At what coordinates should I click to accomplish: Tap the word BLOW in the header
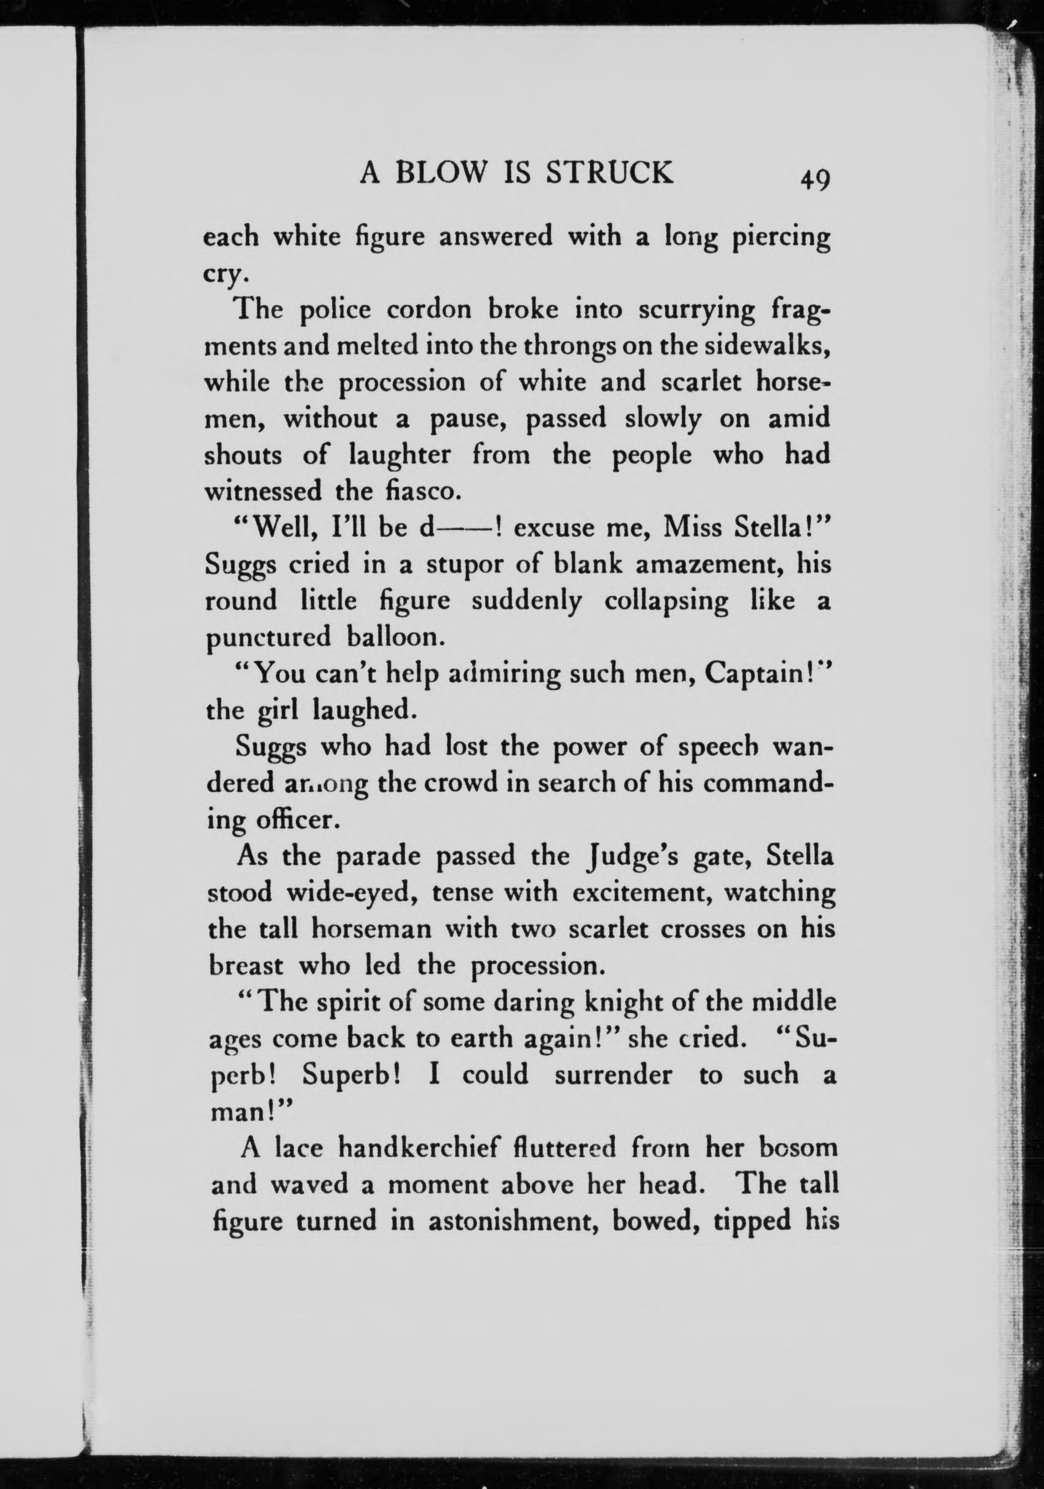tap(440, 173)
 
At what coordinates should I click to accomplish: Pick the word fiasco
tap(424, 491)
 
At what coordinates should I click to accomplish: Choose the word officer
tap(300, 820)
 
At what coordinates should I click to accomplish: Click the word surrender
tap(614, 1075)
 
